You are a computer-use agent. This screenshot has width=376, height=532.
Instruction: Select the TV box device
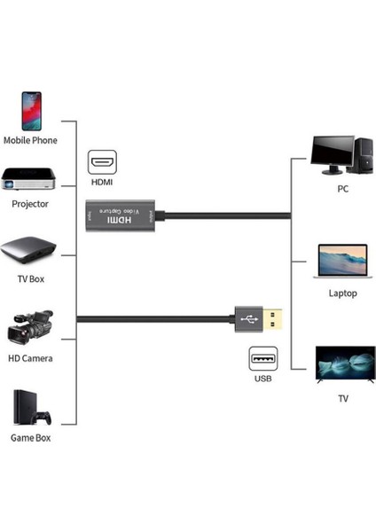point(32,250)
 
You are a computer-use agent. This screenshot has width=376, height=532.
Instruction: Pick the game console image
point(30,407)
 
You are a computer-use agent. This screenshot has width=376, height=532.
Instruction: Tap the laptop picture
point(341,263)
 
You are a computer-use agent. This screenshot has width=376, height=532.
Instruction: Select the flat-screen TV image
point(342,364)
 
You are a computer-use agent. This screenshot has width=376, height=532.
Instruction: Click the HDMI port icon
point(102,163)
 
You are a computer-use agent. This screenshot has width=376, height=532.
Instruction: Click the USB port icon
point(262,360)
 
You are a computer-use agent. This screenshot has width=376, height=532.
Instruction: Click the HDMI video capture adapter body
point(123,215)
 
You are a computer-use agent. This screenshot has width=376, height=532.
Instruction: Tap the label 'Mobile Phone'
point(30,139)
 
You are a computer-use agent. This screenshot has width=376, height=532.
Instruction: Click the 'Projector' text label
point(30,204)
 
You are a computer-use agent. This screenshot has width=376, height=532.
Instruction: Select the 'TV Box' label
point(31,278)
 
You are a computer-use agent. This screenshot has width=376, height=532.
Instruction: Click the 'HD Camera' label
point(30,358)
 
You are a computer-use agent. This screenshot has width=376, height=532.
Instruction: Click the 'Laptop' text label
point(342,293)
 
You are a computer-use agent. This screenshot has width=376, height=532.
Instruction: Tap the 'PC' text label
point(342,189)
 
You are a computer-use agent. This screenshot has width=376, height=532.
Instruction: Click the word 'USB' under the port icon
point(262,379)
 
